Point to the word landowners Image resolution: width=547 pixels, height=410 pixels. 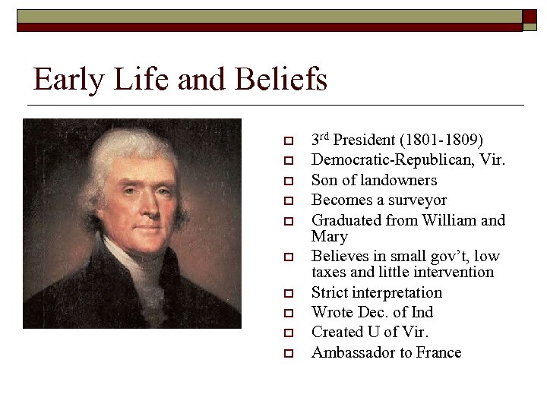pos(400,180)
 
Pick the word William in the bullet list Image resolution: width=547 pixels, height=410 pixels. pos(451,220)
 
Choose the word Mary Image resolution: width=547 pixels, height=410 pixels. pos(330,236)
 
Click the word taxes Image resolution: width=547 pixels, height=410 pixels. pos(330,272)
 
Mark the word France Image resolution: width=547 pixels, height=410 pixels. pos(437,352)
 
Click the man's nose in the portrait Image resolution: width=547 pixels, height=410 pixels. pos(130,199)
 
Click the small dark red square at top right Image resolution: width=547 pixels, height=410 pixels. pos(530,16)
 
